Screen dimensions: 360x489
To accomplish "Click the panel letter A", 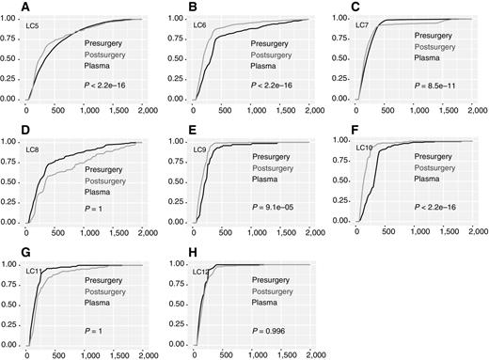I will [7, 6].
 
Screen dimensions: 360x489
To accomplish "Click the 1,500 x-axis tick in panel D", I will [116, 235].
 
